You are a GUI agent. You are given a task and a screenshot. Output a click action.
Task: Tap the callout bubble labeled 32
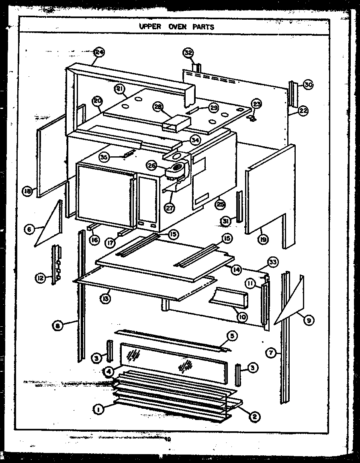pos(188,53)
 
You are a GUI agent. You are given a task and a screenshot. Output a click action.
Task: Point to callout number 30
pos(308,85)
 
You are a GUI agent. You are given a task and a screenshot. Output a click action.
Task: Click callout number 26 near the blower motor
pos(152,165)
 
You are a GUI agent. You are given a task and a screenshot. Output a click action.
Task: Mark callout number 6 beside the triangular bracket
pos(29,230)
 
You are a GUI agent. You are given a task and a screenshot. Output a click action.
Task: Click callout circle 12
pos(40,278)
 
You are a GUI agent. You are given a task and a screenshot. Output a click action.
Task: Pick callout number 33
pos(273,262)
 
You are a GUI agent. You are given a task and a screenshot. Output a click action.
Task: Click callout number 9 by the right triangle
pos(310,320)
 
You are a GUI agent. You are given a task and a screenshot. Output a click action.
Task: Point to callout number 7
pos(272,353)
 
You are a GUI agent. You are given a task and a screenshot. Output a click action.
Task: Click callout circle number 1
pos(97,409)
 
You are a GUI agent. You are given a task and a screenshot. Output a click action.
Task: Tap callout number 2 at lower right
pos(254,417)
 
